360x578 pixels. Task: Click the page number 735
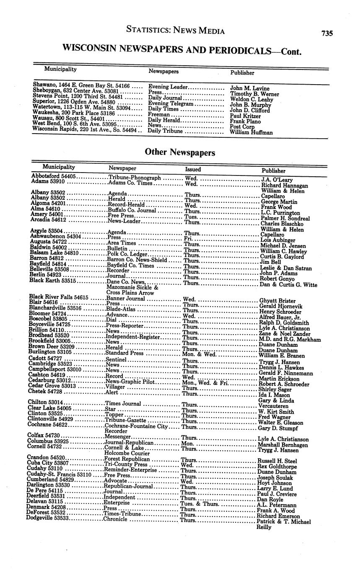(327, 33)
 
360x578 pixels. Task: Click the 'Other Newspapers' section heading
(180, 152)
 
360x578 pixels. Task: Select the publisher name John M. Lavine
(250, 88)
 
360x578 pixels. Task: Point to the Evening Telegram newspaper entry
(171, 103)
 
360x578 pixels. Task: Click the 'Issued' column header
(193, 169)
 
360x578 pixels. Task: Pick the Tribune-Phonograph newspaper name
(135, 178)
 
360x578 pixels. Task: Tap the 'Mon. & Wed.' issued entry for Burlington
(199, 354)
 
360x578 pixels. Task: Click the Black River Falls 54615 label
(58, 297)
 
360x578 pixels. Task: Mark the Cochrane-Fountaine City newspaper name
(136, 426)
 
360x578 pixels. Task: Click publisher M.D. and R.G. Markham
(290, 339)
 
